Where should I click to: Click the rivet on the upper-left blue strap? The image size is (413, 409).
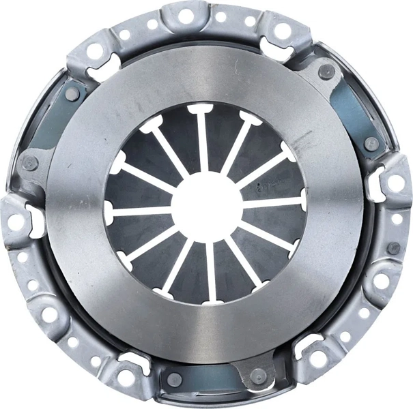[72, 94]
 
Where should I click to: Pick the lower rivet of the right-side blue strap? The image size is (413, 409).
[371, 144]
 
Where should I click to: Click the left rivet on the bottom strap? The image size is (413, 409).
[175, 379]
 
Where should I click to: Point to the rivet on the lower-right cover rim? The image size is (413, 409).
[393, 248]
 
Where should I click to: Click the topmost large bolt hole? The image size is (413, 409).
[185, 15]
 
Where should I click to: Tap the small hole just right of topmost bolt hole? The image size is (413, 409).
[220, 17]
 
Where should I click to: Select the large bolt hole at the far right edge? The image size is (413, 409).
[395, 183]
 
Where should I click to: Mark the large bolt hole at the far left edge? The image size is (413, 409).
[14, 222]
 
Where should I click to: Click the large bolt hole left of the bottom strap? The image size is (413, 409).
[126, 377]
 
